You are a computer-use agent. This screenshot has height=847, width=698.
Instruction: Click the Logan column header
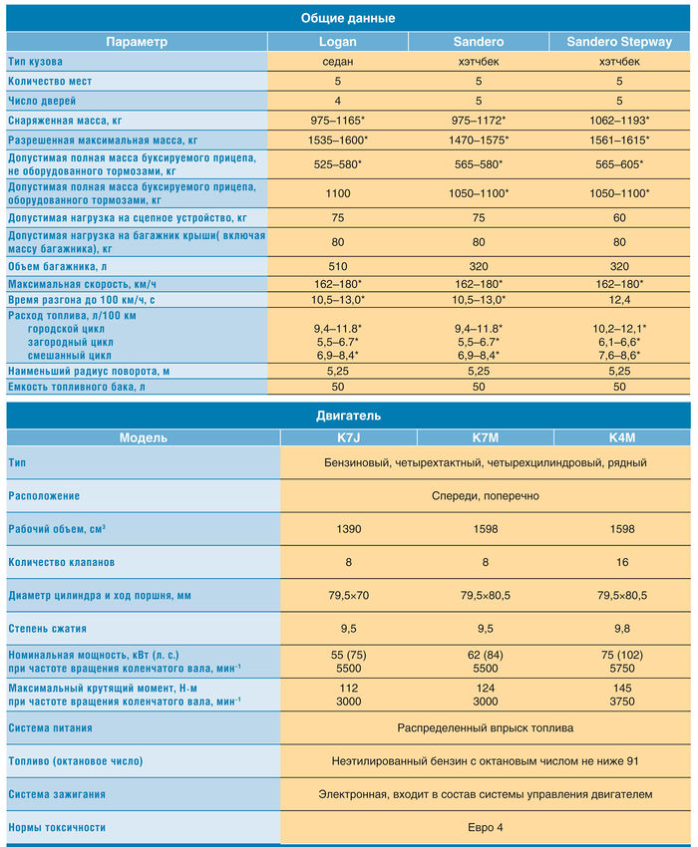[337, 42]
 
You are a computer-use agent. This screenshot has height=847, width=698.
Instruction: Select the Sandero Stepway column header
[619, 42]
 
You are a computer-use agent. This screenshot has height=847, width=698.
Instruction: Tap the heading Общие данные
[348, 18]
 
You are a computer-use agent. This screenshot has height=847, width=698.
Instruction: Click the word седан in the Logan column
[337, 62]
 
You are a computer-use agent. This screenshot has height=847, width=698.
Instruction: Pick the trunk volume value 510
[337, 266]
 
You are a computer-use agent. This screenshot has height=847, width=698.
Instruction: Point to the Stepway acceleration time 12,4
[619, 300]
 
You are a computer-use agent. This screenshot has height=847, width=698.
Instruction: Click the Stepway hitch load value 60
[619, 217]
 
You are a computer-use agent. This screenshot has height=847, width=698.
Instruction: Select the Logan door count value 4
[337, 101]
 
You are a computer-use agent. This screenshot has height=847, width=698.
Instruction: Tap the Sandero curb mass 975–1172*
[479, 121]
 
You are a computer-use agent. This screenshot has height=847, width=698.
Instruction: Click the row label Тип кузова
[35, 62]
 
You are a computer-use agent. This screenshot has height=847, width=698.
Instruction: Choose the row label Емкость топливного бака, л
[76, 387]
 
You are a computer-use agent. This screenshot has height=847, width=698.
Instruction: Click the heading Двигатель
[348, 416]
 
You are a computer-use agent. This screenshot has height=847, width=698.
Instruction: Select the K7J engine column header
[348, 437]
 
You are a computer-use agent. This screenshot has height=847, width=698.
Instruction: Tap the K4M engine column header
[622, 437]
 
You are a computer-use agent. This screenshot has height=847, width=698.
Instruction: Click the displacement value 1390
[348, 529]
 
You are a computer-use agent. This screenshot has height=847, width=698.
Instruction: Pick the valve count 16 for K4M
[622, 562]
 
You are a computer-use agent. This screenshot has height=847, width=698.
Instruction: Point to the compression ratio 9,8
[622, 629]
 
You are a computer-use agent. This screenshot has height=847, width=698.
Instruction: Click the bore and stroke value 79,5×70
[348, 595]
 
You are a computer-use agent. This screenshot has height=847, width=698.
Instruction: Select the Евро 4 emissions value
[485, 827]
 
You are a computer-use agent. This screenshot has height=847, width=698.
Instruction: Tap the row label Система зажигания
[57, 794]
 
